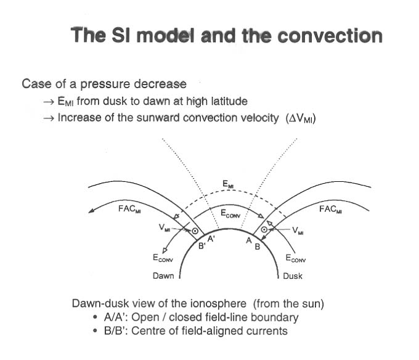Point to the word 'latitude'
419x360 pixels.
tap(225, 100)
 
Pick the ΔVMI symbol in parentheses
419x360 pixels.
tap(301, 118)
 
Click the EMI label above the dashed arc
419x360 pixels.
tap(228, 184)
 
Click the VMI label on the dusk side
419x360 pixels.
tap(298, 231)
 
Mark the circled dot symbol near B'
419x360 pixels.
tap(195, 231)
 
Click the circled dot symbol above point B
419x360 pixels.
tap(264, 230)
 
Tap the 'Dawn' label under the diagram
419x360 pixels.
tap(163, 276)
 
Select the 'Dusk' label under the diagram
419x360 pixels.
tap(292, 276)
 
